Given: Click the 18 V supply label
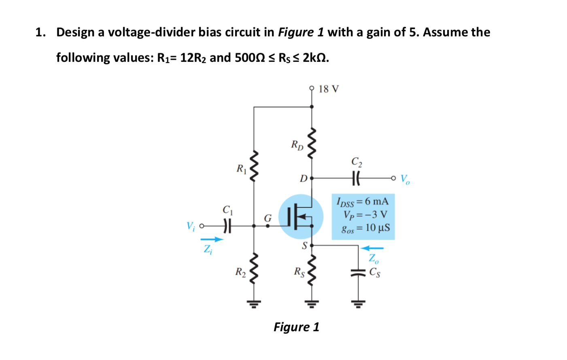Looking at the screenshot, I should tap(328, 89).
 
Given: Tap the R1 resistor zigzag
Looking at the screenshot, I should tap(254, 167).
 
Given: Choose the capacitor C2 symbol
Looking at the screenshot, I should tap(356, 178).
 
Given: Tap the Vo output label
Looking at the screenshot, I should tap(405, 179).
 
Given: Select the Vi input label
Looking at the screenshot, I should tap(190, 226).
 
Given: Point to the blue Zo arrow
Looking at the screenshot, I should tap(372, 248).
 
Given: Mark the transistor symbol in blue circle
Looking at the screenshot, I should tap(301, 217).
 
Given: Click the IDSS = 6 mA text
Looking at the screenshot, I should tap(363, 201).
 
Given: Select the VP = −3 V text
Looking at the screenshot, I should tap(365, 214).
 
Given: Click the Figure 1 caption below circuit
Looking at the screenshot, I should tap(296, 327).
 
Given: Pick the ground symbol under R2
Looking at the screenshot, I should tap(254, 303).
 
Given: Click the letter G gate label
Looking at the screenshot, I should tap(268, 218).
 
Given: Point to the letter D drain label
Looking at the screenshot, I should tap(303, 178).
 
